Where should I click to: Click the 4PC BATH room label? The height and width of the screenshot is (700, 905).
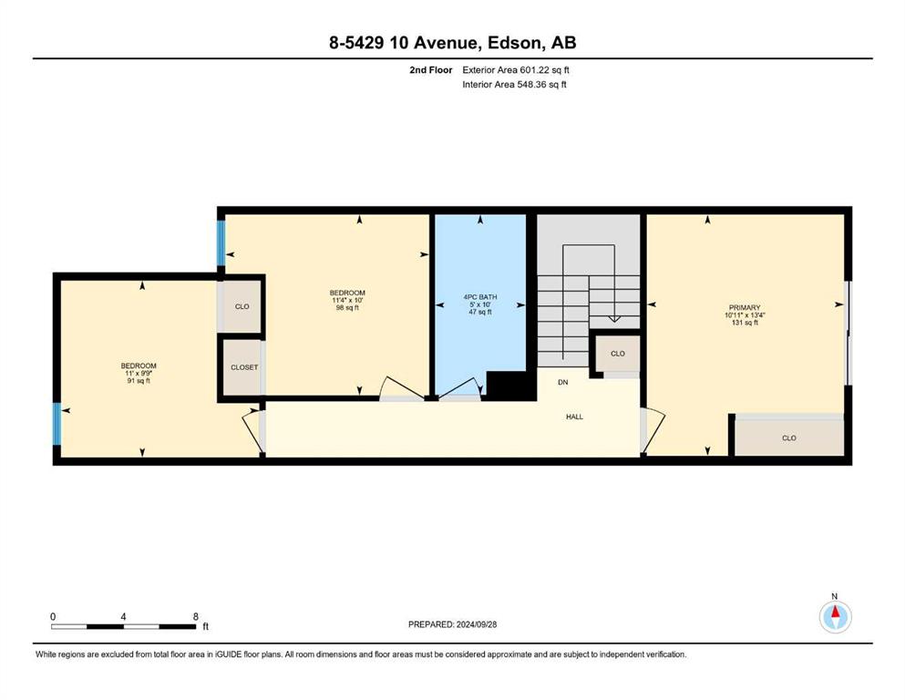479,297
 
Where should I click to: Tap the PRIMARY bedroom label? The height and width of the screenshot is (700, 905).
744,307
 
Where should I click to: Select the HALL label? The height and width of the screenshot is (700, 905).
574,417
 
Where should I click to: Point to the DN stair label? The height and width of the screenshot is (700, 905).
562,382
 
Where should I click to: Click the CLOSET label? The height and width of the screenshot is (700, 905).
244,367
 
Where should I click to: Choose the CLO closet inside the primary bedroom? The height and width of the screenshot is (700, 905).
789,438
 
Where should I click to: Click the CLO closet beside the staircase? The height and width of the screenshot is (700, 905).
618,353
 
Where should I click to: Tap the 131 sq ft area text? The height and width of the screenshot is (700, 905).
744,323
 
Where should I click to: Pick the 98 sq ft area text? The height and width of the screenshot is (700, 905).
347,307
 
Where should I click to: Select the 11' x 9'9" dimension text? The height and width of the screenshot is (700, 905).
139,374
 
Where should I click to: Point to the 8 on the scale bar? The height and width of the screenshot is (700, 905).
196,616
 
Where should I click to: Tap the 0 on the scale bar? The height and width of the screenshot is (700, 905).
53,616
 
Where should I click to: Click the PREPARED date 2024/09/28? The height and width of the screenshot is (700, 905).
476,624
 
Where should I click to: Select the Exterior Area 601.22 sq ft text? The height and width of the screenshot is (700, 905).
516,70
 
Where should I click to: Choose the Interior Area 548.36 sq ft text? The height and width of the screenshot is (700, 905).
514,84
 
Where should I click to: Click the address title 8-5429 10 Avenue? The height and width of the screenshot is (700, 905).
404,43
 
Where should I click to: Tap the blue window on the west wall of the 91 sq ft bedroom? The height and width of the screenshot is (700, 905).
57,424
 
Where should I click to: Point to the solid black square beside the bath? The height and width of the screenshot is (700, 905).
508,386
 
